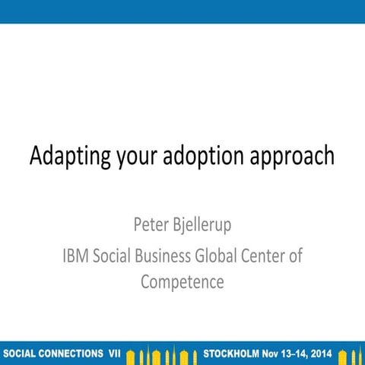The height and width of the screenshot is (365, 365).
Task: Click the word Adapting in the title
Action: click(x=67, y=157)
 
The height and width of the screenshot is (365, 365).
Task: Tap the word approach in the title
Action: click(x=294, y=157)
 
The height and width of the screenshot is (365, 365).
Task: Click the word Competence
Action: click(x=182, y=281)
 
